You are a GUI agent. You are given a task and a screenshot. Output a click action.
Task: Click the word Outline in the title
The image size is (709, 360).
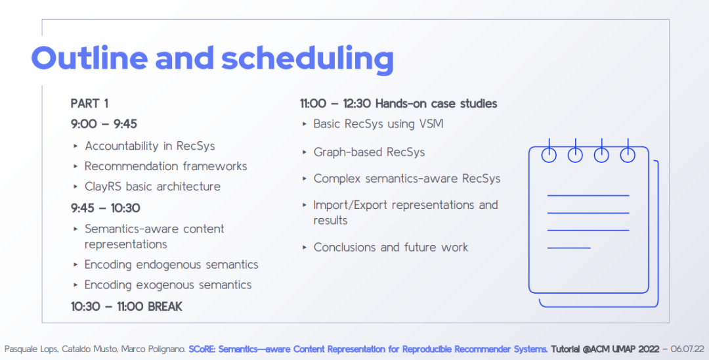point(89,58)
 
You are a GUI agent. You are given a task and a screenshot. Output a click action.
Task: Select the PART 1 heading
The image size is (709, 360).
point(89,104)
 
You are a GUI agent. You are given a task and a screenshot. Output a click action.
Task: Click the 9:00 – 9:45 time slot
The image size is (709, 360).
point(104,124)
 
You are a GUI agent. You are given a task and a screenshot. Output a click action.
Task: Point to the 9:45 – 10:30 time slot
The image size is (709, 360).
point(105,208)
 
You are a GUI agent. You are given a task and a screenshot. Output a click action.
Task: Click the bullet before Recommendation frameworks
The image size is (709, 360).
point(75,166)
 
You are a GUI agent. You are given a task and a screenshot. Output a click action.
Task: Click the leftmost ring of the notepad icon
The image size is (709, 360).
point(549,154)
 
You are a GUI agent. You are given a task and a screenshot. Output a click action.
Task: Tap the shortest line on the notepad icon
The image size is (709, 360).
point(569,248)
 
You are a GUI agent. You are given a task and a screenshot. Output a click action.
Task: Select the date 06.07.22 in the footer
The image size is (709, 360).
point(687,349)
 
